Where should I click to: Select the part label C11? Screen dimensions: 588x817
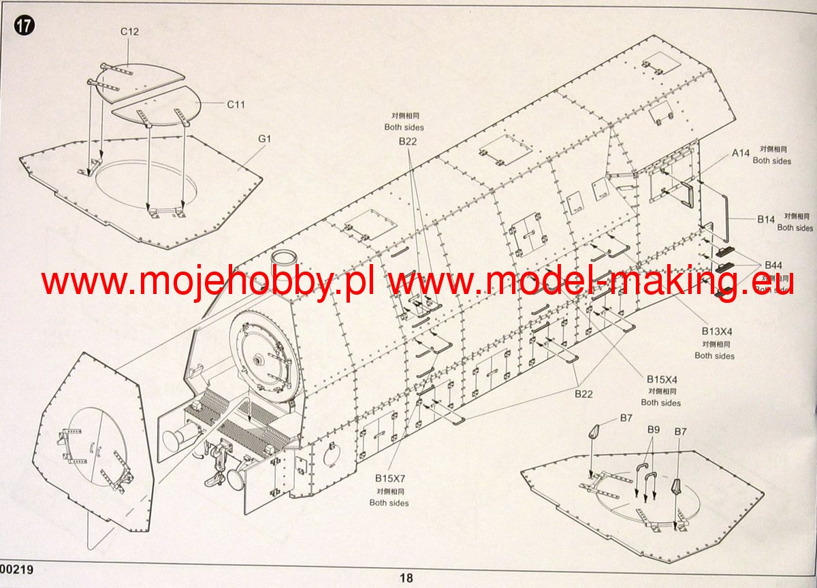(x=236, y=104)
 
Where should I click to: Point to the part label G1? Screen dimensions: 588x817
(x=265, y=139)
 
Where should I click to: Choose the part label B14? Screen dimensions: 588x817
(x=767, y=219)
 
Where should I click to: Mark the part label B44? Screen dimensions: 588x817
(x=773, y=265)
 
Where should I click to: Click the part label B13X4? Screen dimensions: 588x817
(x=716, y=331)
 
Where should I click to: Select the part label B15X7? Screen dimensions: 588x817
(x=389, y=478)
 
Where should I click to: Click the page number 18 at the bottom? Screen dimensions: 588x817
(x=406, y=578)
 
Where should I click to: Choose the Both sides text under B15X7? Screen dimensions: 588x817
(x=389, y=503)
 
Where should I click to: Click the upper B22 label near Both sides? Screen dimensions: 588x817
(x=407, y=142)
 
